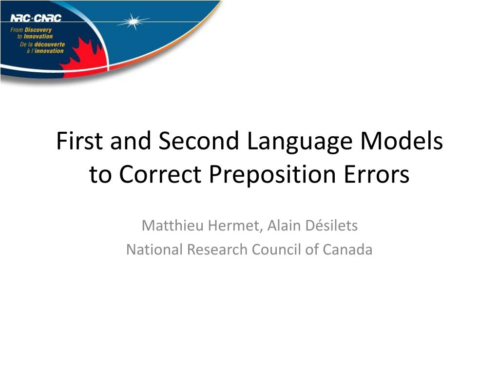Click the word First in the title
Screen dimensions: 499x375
79,141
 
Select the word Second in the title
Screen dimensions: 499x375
199,141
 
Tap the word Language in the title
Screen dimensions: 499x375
299,143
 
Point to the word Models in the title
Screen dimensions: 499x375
402,141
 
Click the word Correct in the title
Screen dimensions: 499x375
160,174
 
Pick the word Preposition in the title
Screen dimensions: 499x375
272,176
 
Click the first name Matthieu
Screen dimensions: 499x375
173,226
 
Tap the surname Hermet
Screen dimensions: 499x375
235,226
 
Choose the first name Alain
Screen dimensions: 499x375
284,226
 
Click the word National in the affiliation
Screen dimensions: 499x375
155,250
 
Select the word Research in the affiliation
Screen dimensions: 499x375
217,250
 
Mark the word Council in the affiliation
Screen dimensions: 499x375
277,250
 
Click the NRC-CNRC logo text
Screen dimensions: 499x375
36,18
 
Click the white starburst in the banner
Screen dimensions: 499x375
134,21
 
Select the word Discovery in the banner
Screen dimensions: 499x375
38,30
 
